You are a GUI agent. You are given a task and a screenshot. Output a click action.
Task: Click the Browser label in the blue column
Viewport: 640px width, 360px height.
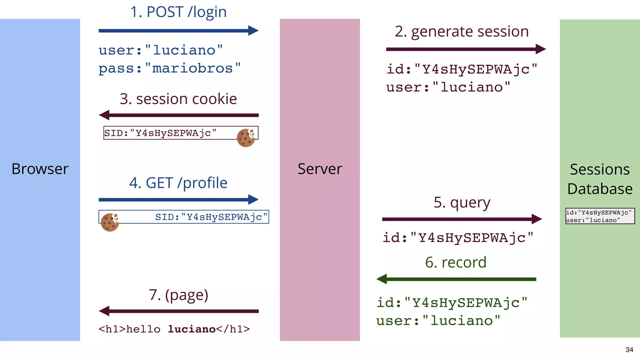[x=40, y=169]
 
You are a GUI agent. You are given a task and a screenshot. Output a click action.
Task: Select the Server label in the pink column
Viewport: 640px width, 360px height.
[x=320, y=169]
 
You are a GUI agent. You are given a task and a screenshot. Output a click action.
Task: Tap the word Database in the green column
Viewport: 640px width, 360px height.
[x=600, y=189]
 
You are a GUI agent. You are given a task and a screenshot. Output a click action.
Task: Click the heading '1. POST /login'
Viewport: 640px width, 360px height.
[x=178, y=12]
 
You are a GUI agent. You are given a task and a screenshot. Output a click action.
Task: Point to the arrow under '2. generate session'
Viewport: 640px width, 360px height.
[x=466, y=49]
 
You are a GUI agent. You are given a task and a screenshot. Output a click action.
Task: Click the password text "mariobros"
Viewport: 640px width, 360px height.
[x=192, y=68]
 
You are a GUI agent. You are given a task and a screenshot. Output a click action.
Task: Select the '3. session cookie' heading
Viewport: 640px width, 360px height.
[x=178, y=99]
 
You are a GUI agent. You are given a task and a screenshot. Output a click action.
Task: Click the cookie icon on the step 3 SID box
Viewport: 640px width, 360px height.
[x=246, y=138]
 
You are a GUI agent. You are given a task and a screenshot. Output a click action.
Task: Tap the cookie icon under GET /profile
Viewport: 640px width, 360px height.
[x=110, y=222]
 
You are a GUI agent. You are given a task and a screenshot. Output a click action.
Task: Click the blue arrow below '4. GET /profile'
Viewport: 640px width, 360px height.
[x=178, y=199]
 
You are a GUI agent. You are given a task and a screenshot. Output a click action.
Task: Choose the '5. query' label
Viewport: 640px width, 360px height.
[x=462, y=203]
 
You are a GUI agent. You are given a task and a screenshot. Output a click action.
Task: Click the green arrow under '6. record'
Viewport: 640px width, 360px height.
[x=456, y=279]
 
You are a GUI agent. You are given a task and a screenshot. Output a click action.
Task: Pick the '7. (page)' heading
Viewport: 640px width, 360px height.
[x=178, y=295]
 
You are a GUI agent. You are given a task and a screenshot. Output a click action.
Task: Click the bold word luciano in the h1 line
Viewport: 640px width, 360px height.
[x=192, y=329]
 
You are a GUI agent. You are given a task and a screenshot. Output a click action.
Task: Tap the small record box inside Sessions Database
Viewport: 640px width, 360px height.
[x=600, y=216]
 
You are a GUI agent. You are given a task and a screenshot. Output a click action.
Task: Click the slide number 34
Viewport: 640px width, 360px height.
[x=629, y=350]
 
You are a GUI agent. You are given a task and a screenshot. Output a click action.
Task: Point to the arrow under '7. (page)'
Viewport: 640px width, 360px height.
[x=178, y=311]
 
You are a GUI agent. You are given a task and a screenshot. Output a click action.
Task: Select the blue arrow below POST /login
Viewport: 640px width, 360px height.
[x=178, y=31]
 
